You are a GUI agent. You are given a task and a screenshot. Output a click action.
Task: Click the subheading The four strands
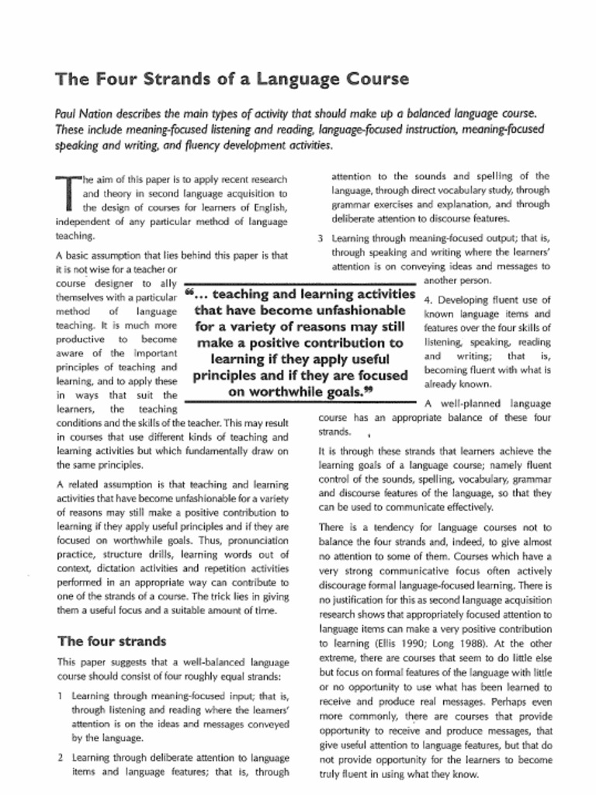[x=112, y=641]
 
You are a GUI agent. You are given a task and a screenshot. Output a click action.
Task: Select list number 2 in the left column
[x=60, y=756]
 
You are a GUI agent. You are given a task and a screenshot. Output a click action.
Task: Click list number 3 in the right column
[x=320, y=238]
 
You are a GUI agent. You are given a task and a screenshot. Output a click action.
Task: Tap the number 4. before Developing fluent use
[x=429, y=300]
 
